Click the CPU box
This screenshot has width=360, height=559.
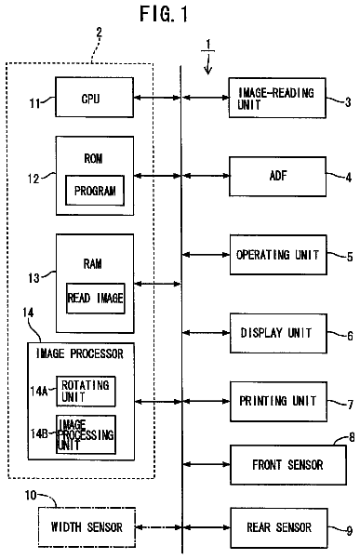[x=95, y=97]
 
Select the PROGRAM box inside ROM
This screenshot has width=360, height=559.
[x=95, y=191]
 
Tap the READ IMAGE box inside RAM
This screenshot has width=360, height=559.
[x=96, y=299]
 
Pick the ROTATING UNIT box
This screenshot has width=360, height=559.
[x=86, y=391]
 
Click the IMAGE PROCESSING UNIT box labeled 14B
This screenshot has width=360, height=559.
[x=86, y=434]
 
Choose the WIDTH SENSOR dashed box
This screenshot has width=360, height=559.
[x=87, y=527]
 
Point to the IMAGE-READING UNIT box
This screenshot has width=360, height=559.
[x=277, y=98]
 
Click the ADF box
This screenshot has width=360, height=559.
[x=277, y=176]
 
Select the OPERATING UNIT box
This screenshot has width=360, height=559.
[x=278, y=255]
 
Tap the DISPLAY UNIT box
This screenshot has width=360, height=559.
[x=278, y=333]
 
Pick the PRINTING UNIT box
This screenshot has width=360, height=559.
[x=279, y=402]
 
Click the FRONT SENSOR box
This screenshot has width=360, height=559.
[x=288, y=465]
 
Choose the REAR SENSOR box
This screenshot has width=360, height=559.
[x=279, y=528]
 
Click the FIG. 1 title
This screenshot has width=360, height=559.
[x=164, y=14]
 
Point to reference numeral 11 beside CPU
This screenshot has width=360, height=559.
[x=34, y=103]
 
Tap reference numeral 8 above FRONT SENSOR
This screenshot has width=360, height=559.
[x=352, y=437]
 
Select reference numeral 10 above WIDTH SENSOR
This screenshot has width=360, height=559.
[x=31, y=495]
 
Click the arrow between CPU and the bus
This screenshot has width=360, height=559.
[x=157, y=97]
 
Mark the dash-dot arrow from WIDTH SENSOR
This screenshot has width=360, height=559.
[x=159, y=527]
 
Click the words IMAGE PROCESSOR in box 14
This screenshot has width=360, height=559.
[x=80, y=353]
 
